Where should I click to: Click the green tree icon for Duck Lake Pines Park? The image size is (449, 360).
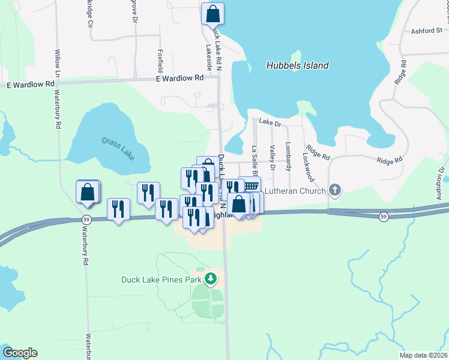(x=210, y=278)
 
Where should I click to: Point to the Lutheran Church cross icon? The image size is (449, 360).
(x=335, y=191)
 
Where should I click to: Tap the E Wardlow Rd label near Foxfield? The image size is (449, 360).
(x=179, y=78)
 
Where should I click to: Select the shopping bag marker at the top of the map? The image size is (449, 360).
(x=212, y=13)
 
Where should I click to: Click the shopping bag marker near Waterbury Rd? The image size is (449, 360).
(x=88, y=192)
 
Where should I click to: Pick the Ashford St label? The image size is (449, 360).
(x=426, y=31)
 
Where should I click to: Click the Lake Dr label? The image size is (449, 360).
(x=270, y=122)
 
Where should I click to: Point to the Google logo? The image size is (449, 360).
(x=20, y=353)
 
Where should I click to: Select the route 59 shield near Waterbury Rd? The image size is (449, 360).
(x=88, y=220)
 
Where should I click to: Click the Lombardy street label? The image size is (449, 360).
(x=289, y=154)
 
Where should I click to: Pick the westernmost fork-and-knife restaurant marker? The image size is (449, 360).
(x=118, y=209)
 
